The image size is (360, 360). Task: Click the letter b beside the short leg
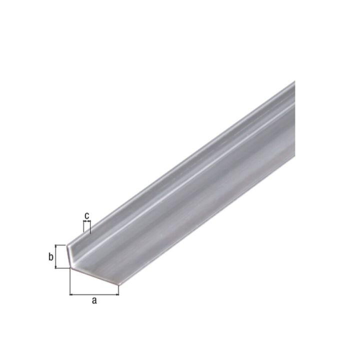tap(50, 257)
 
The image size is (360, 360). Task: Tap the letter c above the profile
tap(87, 215)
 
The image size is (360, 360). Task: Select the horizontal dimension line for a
tap(94, 294)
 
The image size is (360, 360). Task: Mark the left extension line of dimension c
tap(84, 228)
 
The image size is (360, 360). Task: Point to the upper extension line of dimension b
tap(61, 245)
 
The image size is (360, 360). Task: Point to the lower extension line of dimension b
tap(62, 267)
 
